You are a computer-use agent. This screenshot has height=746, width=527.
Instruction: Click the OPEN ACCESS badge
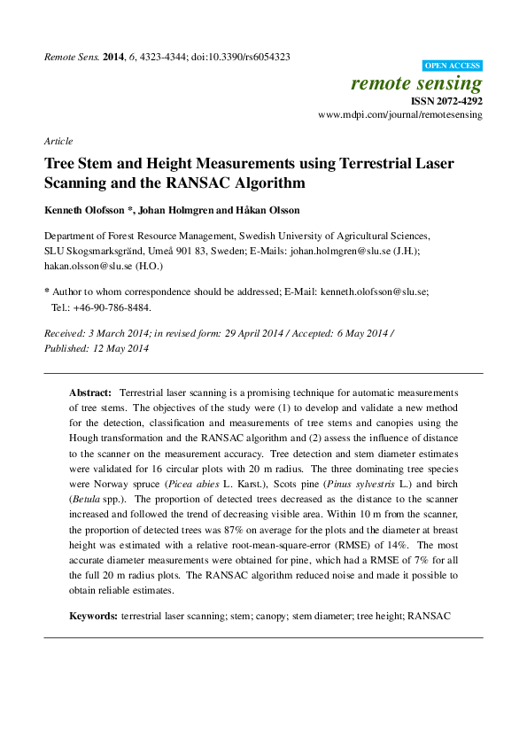[453, 66]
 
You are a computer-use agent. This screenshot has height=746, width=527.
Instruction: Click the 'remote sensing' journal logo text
[416, 84]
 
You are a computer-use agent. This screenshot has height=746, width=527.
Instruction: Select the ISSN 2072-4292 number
[446, 102]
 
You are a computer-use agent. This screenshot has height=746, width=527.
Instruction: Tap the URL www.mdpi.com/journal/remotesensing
[400, 115]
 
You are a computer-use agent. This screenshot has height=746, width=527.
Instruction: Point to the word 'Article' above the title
[58, 141]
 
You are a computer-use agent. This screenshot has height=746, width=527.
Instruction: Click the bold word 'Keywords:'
[93, 615]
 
